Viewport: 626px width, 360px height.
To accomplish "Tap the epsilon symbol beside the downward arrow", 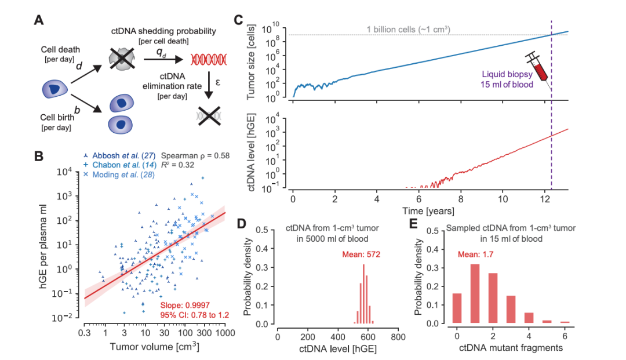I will [218, 83].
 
